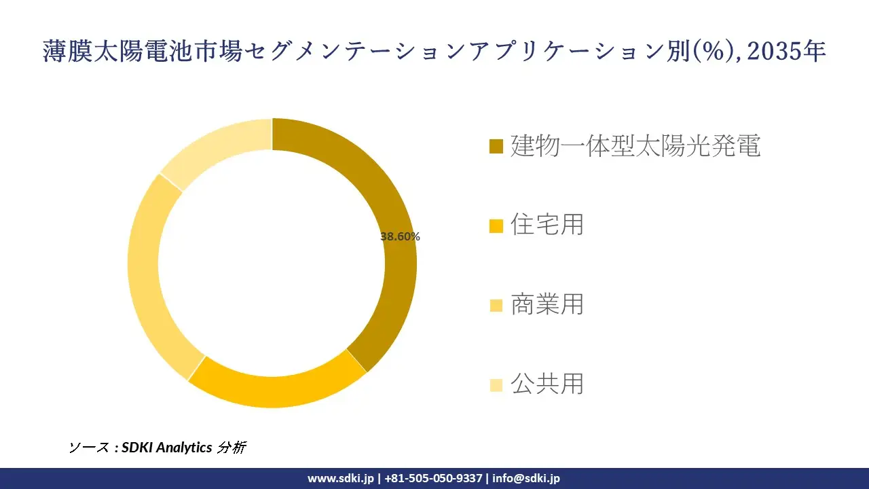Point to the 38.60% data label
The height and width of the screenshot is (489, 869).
point(400,237)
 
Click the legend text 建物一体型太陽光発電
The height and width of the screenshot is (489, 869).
point(635,146)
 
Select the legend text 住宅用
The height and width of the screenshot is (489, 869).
point(547,225)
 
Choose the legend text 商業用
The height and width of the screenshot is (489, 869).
point(547,304)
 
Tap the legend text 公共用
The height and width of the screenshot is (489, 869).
point(547,384)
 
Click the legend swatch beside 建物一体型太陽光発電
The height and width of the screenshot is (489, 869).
point(496,147)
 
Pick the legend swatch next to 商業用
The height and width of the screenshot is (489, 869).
point(496,306)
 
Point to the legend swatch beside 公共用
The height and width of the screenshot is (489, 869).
point(496,385)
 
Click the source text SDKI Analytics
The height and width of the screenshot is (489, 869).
point(167,448)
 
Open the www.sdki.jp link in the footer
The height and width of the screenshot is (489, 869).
point(341,478)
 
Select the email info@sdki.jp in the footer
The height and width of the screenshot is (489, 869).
point(526,478)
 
